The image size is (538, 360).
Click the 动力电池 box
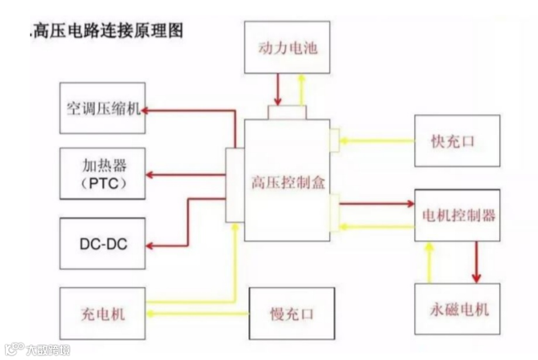coord(287,47)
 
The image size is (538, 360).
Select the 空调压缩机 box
coord(102,108)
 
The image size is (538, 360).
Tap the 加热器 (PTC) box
coord(102,174)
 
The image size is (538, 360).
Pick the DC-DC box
coord(102,243)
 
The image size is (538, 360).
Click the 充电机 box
coord(102,314)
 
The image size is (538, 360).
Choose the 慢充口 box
coord(292,314)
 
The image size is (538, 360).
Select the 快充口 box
coord(457,141)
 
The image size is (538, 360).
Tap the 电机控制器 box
coord(457,215)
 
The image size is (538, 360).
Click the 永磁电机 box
coord(457,309)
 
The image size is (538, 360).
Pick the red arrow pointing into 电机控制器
coord(377,204)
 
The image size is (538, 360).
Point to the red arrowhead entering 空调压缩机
coord(148,109)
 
